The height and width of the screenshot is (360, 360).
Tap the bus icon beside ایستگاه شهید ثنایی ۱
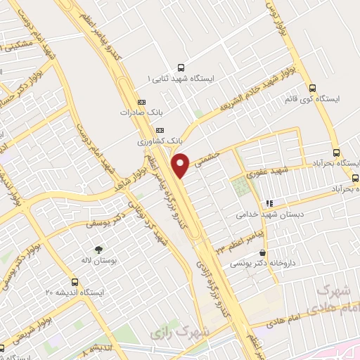(x=182, y=68)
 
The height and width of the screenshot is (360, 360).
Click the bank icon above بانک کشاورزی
(x=160, y=130)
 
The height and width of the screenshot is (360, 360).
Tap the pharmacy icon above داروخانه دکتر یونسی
(x=263, y=253)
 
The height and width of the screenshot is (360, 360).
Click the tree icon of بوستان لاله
(x=98, y=249)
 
